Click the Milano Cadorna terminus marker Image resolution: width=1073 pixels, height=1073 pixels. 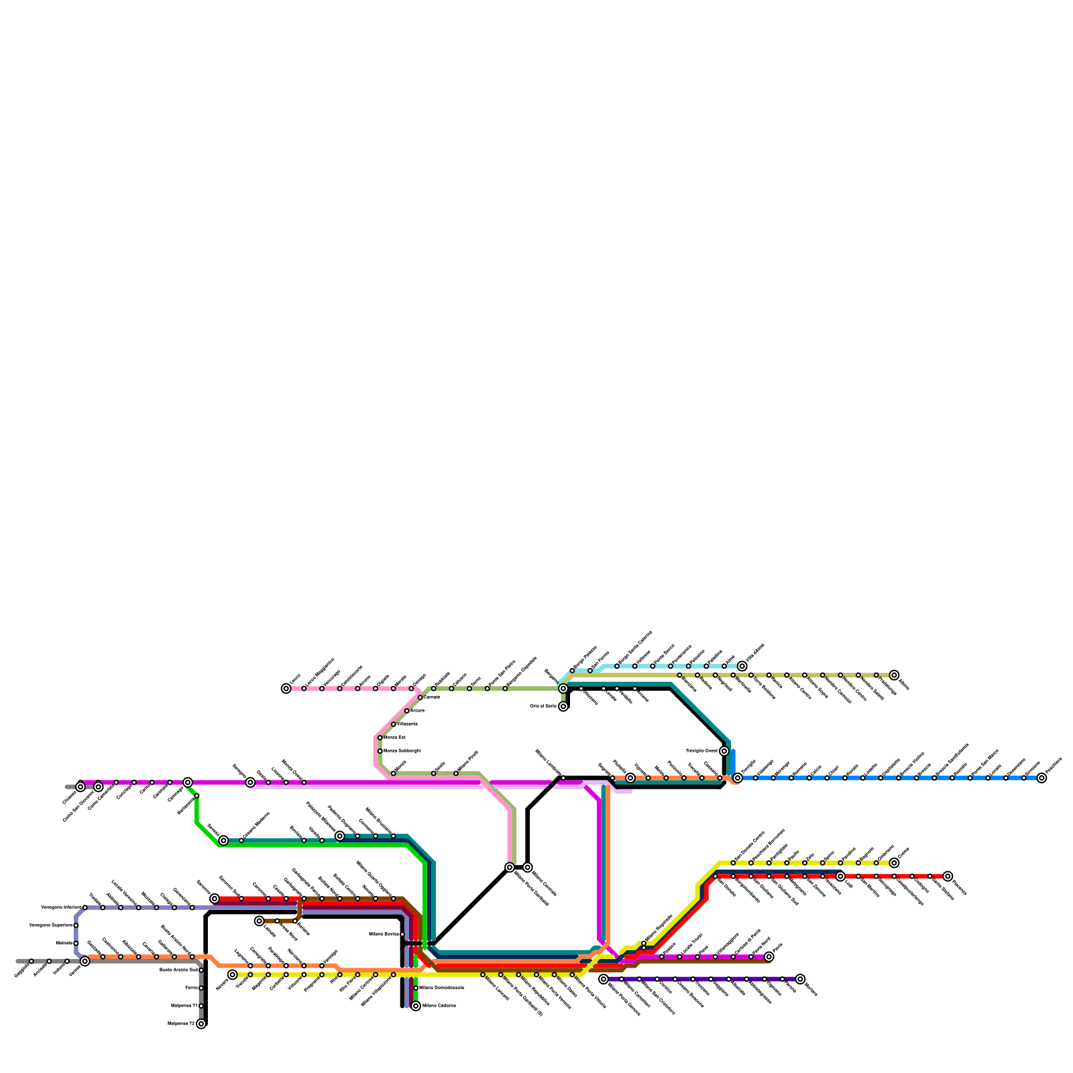pos(416,1006)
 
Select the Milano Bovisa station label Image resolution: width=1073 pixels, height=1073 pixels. pos(384,934)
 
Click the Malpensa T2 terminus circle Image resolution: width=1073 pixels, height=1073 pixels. pos(201,1024)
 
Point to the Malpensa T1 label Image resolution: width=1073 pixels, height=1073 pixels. pos(184,1006)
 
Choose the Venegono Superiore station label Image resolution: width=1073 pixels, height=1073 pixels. pos(51,925)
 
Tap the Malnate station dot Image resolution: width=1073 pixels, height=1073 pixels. pos(76,944)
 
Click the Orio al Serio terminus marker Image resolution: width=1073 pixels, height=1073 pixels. pos(563,706)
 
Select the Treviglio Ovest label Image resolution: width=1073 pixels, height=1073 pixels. pos(701,751)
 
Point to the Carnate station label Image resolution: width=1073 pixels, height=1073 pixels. pos(432,697)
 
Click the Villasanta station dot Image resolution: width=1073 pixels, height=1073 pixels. pos(394,724)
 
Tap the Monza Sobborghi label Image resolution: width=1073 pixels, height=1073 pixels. pos(402,751)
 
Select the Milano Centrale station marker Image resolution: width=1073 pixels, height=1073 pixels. pos(528,867)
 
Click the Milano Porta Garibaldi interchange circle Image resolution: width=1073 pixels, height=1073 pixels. pos(510,867)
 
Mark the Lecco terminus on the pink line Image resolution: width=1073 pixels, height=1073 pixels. pos(286,689)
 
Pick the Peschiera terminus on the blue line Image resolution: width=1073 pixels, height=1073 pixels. pos(1041,778)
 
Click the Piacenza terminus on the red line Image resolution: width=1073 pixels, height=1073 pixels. pos(948,877)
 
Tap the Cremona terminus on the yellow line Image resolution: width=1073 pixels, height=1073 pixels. pos(894,863)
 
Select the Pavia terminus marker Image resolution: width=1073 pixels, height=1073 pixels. pos(769,957)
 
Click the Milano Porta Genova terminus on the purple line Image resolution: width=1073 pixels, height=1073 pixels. pos(604,979)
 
